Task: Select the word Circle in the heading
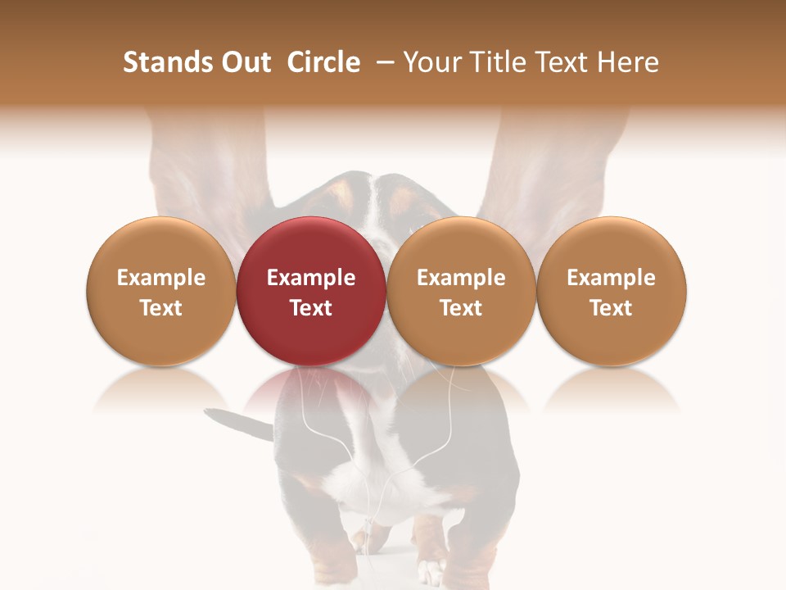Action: point(323,62)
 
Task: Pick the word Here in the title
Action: point(627,62)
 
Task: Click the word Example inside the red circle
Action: point(311,278)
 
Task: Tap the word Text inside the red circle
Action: point(311,308)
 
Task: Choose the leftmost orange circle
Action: point(160,291)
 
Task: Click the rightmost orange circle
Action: point(612,291)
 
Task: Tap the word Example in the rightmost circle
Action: point(612,278)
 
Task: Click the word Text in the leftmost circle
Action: point(160,308)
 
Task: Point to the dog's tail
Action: point(238,423)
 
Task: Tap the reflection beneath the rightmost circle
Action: point(612,389)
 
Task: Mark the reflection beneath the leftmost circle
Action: point(160,389)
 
